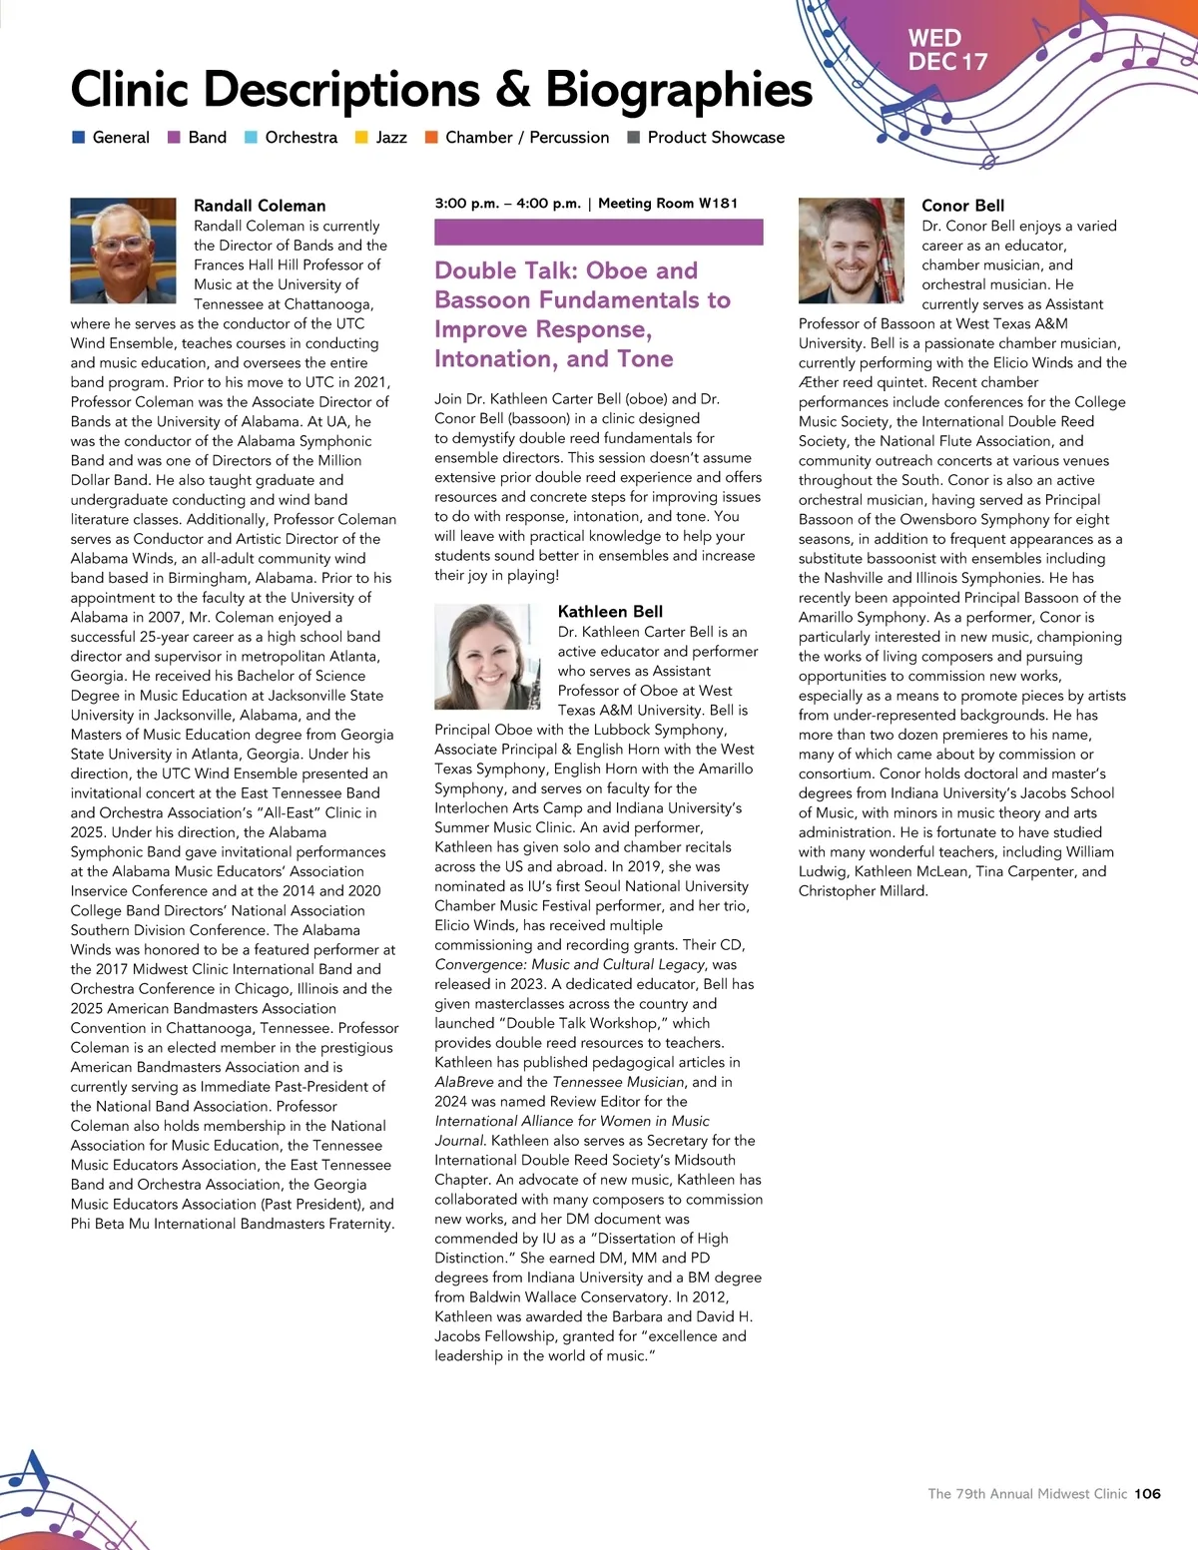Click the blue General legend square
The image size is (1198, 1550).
click(78, 138)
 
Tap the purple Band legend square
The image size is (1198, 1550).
click(174, 138)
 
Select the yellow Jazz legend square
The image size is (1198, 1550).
click(361, 138)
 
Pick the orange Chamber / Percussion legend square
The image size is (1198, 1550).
click(431, 138)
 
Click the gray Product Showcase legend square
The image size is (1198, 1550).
click(633, 138)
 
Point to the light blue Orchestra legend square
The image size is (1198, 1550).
click(251, 138)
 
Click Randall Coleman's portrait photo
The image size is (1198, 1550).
click(123, 250)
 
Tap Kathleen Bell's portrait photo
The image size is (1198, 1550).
click(487, 656)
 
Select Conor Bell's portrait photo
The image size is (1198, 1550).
click(851, 250)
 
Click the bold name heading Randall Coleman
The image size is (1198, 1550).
click(260, 206)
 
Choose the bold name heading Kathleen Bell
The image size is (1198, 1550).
click(610, 612)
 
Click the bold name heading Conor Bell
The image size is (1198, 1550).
click(962, 206)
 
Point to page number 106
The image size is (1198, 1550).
click(1147, 1494)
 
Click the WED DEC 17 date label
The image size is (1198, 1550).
click(946, 50)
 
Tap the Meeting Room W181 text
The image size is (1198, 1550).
click(668, 204)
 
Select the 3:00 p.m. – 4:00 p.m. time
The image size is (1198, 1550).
click(507, 204)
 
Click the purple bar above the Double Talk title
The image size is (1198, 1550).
click(598, 233)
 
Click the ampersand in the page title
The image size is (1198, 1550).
click(511, 90)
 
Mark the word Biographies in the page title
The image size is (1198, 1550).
click(679, 90)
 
